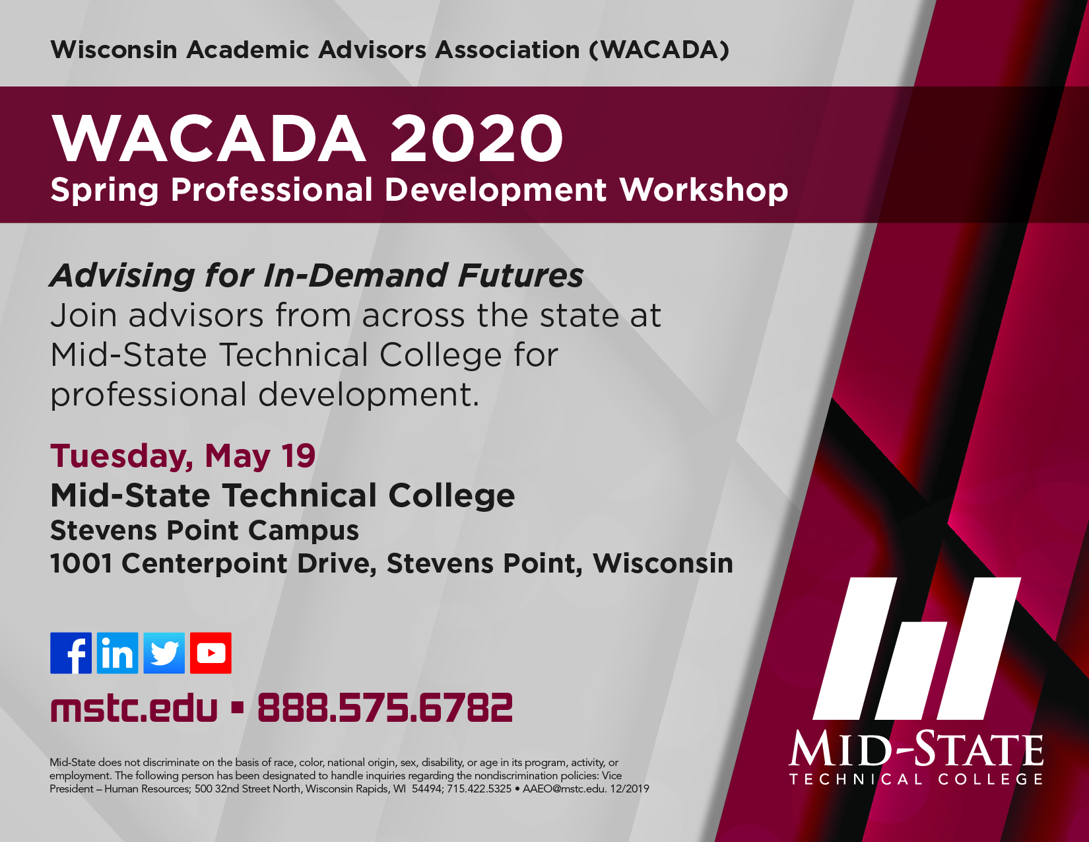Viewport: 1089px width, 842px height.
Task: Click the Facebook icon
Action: pyautogui.click(x=71, y=653)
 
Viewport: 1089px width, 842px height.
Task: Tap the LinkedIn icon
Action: pyautogui.click(x=117, y=653)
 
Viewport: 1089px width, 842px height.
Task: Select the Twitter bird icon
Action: pyautogui.click(x=164, y=653)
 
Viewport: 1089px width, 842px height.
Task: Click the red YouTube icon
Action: pyautogui.click(x=211, y=653)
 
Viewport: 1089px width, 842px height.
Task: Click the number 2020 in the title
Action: pyautogui.click(x=477, y=138)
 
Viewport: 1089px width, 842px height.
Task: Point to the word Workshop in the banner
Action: pyautogui.click(x=704, y=190)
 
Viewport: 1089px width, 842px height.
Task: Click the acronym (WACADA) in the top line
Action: pyautogui.click(x=659, y=50)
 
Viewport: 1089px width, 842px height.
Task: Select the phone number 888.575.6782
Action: pyautogui.click(x=385, y=708)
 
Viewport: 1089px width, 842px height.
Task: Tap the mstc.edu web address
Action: pyautogui.click(x=134, y=708)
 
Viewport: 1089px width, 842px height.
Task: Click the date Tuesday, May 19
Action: pyautogui.click(x=183, y=456)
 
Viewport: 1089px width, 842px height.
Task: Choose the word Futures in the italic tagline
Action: pyautogui.click(x=521, y=275)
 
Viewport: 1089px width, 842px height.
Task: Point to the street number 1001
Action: pyautogui.click(x=81, y=563)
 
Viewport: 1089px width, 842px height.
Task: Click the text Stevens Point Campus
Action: pyautogui.click(x=205, y=530)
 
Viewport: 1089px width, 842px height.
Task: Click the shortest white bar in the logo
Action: pyautogui.click(x=911, y=671)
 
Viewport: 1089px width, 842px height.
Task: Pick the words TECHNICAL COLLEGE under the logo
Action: pyautogui.click(x=916, y=779)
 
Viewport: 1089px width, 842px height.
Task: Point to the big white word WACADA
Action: pyautogui.click(x=209, y=138)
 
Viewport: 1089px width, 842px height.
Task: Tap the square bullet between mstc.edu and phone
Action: pyautogui.click(x=238, y=708)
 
